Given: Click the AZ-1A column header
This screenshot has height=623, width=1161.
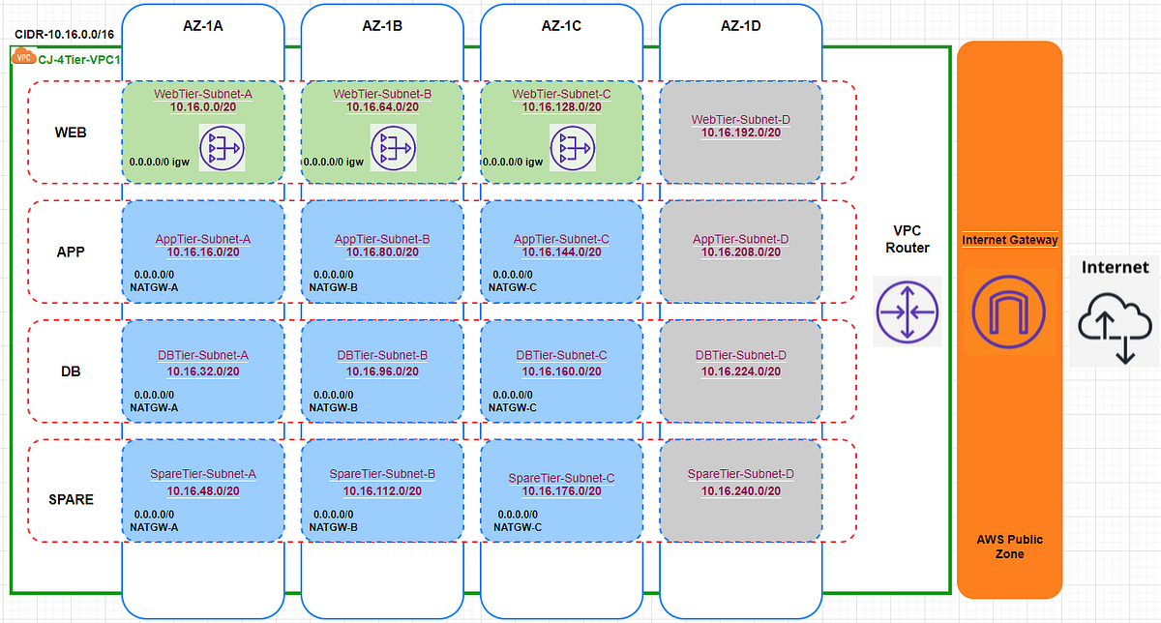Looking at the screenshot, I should (x=203, y=26).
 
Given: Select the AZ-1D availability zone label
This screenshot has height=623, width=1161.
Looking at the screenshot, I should (x=740, y=26).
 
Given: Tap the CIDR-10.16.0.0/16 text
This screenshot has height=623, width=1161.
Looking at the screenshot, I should (x=63, y=34).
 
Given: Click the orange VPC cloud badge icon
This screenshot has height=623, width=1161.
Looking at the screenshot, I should (x=25, y=57).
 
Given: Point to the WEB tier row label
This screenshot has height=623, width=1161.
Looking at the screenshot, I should (x=70, y=132).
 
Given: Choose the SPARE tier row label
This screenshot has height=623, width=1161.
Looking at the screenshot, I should (x=71, y=499).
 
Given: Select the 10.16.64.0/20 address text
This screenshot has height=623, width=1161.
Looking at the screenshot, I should (x=382, y=107).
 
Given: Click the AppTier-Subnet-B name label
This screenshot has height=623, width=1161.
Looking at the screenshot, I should (x=382, y=238).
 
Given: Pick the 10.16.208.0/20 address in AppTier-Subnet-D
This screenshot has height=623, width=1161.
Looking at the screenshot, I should (x=740, y=252).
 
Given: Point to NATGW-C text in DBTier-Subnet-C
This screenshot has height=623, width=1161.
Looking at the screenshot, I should (x=512, y=408).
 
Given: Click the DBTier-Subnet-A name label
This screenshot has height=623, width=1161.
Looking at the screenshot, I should (x=203, y=355).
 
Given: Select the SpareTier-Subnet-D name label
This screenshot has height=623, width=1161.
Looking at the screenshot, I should (x=740, y=474).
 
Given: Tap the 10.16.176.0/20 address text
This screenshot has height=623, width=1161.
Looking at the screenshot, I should (x=561, y=491).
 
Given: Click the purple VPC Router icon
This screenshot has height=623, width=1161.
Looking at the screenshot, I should (x=908, y=311).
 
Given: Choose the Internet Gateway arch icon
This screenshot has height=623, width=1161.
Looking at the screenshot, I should (x=1008, y=310).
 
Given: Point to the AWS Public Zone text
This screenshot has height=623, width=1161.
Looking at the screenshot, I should (x=1009, y=547).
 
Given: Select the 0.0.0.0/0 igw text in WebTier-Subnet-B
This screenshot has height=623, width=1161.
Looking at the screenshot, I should (x=333, y=163).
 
